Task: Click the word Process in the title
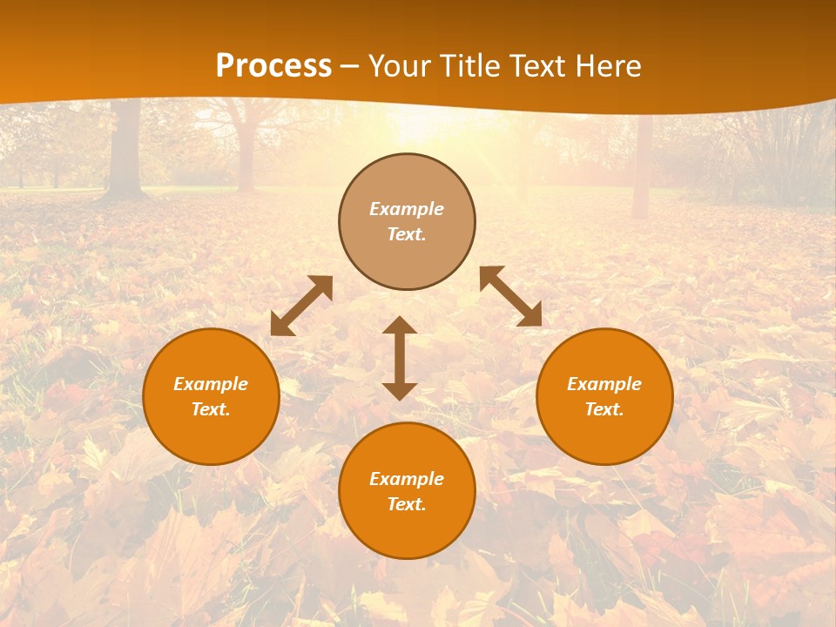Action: [273, 66]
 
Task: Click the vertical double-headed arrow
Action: [400, 358]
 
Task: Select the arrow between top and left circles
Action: [301, 306]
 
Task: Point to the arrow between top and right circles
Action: [510, 296]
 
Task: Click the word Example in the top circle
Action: [407, 209]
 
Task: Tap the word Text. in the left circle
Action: [211, 409]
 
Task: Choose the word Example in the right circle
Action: [604, 384]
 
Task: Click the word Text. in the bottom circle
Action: [407, 504]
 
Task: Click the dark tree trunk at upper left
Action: [125, 148]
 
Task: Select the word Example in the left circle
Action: [211, 384]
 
